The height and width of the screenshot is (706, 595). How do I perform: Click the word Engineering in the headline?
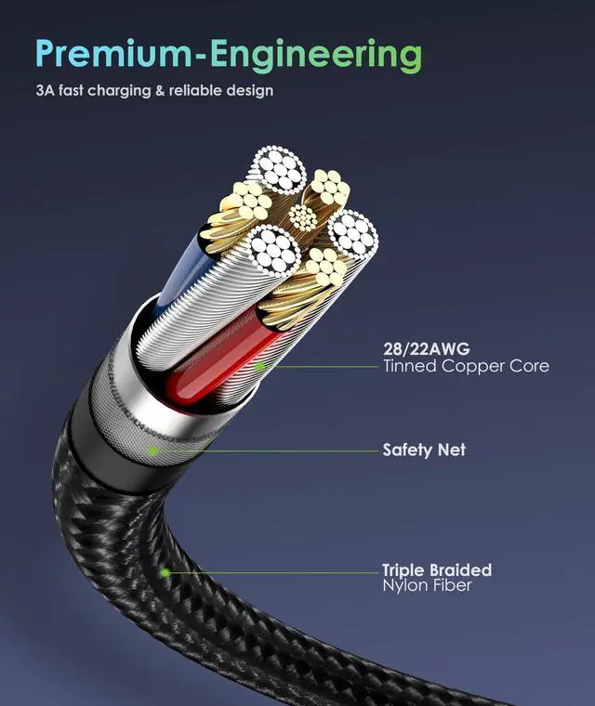coord(316,57)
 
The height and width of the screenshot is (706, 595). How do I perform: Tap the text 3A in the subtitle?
coord(45,90)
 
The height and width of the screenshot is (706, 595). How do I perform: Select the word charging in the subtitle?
coord(119,91)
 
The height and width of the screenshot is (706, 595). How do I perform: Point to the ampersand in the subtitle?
coord(160,90)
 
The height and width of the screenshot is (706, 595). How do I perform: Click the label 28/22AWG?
coord(427,348)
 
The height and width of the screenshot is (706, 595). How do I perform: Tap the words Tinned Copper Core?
coord(466,366)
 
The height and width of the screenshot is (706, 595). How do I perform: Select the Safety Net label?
coord(424,450)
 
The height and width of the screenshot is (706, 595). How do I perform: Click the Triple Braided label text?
coord(437,569)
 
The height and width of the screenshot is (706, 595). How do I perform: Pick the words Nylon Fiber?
coord(427,585)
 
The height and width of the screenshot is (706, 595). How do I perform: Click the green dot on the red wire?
coord(259,366)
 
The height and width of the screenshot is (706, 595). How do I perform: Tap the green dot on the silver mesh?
coord(153,451)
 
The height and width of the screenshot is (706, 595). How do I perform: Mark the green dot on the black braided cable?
coord(165,573)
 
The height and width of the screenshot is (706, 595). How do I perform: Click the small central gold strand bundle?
coord(302,217)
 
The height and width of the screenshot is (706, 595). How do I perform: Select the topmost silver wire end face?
coord(276,170)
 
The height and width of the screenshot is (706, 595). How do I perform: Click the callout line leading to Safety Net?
coord(268,451)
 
